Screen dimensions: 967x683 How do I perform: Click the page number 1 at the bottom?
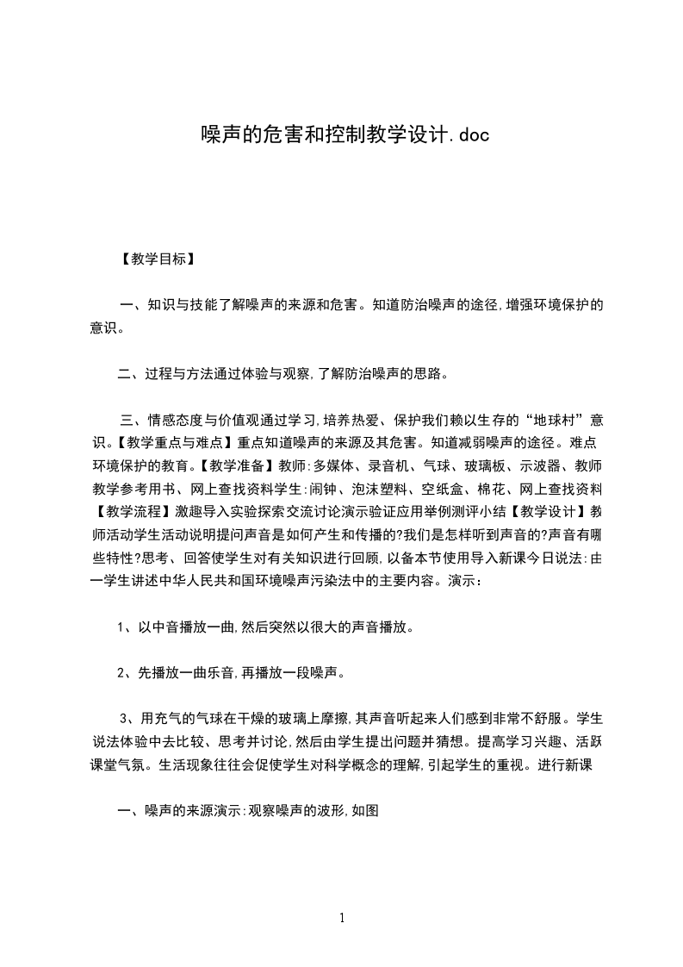click(x=342, y=918)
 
